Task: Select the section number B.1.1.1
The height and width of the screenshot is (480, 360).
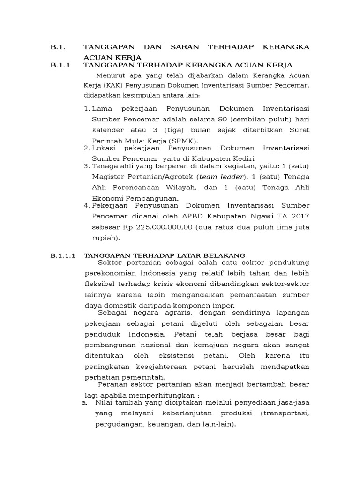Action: click(63, 255)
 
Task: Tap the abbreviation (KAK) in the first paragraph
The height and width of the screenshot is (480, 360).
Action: click(115, 86)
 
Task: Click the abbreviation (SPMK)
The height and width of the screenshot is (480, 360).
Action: click(184, 141)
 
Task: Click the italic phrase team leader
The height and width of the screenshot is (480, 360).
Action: click(220, 177)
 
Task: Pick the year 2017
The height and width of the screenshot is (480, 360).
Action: click(300, 216)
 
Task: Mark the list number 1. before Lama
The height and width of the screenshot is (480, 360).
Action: click(87, 108)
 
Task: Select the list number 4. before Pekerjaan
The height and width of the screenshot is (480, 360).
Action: click(87, 205)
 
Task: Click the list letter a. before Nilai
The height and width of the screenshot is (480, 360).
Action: click(84, 402)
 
